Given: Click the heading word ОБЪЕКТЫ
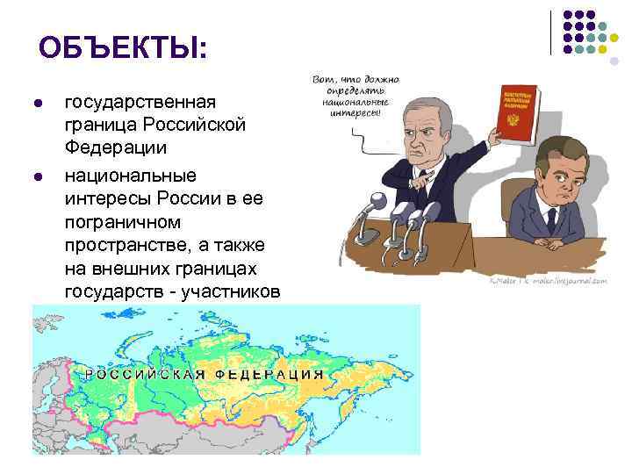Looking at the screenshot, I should pyautogui.click(x=123, y=47).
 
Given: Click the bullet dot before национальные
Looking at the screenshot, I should pyautogui.click(x=35, y=176).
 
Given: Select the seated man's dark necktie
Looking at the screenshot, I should pyautogui.click(x=551, y=219).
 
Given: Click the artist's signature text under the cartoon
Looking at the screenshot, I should pyautogui.click(x=549, y=282).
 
